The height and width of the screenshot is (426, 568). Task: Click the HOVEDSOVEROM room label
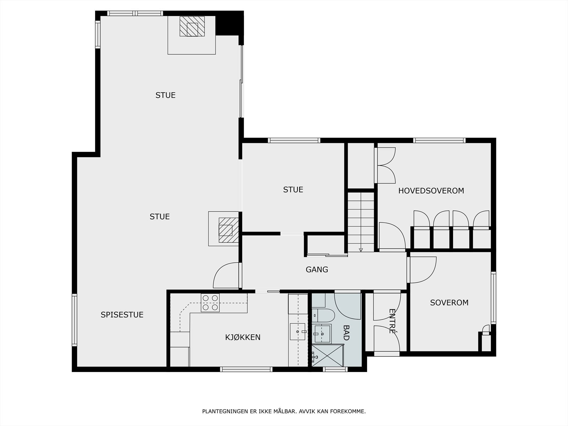pyautogui.click(x=431, y=191)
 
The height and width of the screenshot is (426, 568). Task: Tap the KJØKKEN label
pyautogui.click(x=243, y=337)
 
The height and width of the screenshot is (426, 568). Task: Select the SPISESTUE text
pyautogui.click(x=122, y=315)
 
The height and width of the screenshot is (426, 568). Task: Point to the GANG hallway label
pyautogui.click(x=317, y=269)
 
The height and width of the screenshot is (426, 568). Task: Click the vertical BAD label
pyautogui.click(x=346, y=333)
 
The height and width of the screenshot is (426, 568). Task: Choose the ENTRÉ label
pyautogui.click(x=392, y=321)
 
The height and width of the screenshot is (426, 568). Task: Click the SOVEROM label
pyautogui.click(x=449, y=302)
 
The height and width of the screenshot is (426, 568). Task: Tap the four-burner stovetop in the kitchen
pyautogui.click(x=210, y=302)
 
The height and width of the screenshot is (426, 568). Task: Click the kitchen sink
pyautogui.click(x=297, y=332)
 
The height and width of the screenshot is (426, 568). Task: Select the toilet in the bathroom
pyautogui.click(x=323, y=315)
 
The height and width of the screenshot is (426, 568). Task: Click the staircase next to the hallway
pyautogui.click(x=361, y=222)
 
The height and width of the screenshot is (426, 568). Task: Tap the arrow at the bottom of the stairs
pyautogui.click(x=361, y=250)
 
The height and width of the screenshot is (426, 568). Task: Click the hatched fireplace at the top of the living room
pyautogui.click(x=192, y=26)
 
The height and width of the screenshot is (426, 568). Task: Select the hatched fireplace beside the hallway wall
pyautogui.click(x=229, y=230)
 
